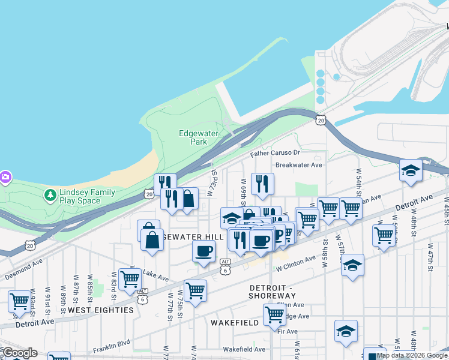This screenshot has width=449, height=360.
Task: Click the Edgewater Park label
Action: click(193, 137)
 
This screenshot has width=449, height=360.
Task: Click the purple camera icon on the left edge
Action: click(5, 176)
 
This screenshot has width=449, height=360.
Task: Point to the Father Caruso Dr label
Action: click(274, 154)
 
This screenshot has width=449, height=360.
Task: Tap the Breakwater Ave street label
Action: click(299, 164)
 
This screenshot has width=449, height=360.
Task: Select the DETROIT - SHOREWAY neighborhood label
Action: click(273, 291)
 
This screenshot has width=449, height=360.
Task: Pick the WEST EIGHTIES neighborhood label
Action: click(100, 310)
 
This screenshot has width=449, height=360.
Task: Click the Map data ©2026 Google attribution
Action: click(412, 355)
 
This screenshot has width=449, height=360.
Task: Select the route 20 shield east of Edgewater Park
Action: click(321, 121)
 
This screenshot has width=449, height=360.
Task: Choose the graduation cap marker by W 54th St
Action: click(411, 170)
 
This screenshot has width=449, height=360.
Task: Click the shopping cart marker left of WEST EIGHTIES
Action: click(20, 301)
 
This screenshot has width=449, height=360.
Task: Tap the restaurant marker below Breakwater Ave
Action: click(262, 183)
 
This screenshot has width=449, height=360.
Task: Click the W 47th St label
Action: click(430, 258)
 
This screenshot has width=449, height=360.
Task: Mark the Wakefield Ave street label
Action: click(244, 349)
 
